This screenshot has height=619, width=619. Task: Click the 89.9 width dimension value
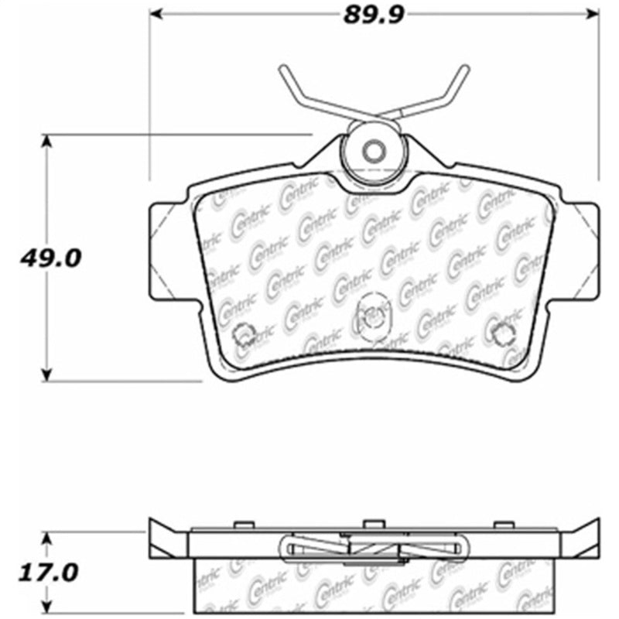[x=375, y=13]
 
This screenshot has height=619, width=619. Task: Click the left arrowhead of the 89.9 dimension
[x=156, y=13]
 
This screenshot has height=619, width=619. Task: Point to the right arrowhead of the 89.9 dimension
[x=594, y=13]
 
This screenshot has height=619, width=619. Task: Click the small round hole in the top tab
[x=374, y=151]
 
